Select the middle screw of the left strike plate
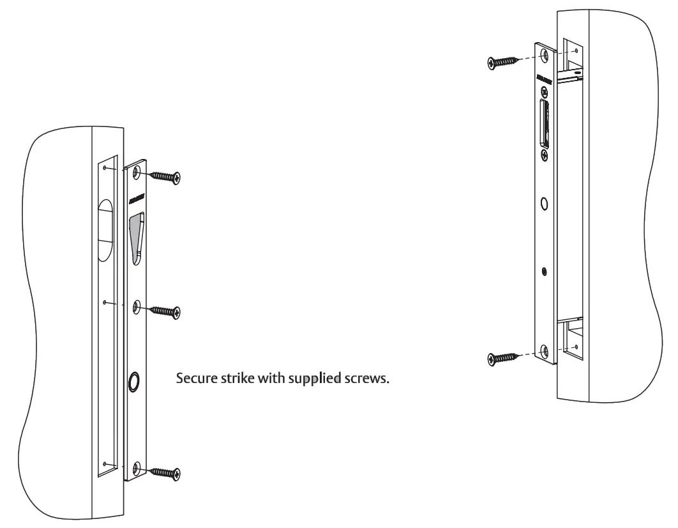[166, 311]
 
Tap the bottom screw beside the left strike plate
[166, 472]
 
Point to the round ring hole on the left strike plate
[134, 382]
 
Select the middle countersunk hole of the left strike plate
[136, 308]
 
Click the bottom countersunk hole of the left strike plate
[135, 469]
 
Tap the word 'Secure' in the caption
[192, 378]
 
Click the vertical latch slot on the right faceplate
[544, 123]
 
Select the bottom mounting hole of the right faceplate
[544, 351]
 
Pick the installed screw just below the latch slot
[544, 155]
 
